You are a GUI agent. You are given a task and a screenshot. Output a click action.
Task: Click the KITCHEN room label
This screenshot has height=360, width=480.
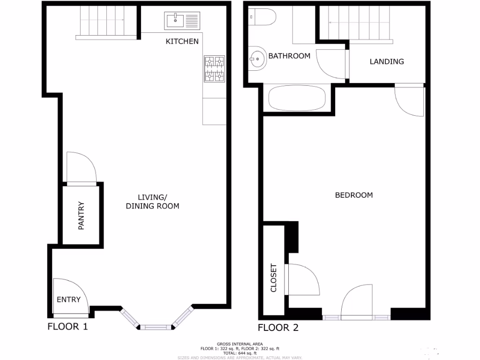182,41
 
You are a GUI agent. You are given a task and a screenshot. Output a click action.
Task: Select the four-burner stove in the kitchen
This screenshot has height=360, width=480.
214,69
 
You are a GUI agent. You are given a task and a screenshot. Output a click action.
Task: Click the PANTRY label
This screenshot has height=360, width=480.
81,215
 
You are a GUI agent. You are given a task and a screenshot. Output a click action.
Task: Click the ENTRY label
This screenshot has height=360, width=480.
68,300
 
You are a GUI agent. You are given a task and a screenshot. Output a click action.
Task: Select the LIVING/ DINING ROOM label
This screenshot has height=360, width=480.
152,201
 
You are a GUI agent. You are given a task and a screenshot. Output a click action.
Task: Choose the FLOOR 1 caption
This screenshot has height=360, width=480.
67,327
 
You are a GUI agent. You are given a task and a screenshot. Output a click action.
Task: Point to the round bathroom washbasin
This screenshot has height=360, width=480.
256,59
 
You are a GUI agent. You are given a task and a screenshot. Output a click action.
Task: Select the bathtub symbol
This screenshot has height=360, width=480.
297,98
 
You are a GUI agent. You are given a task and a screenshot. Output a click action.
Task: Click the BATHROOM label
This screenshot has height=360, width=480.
289,56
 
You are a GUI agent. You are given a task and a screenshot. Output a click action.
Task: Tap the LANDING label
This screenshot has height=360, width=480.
387,61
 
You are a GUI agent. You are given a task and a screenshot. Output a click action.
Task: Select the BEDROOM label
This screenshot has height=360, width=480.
354,195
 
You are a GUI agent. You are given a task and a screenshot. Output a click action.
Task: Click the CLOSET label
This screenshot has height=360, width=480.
274,278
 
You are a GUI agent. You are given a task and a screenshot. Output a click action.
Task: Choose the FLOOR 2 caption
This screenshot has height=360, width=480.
278,328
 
